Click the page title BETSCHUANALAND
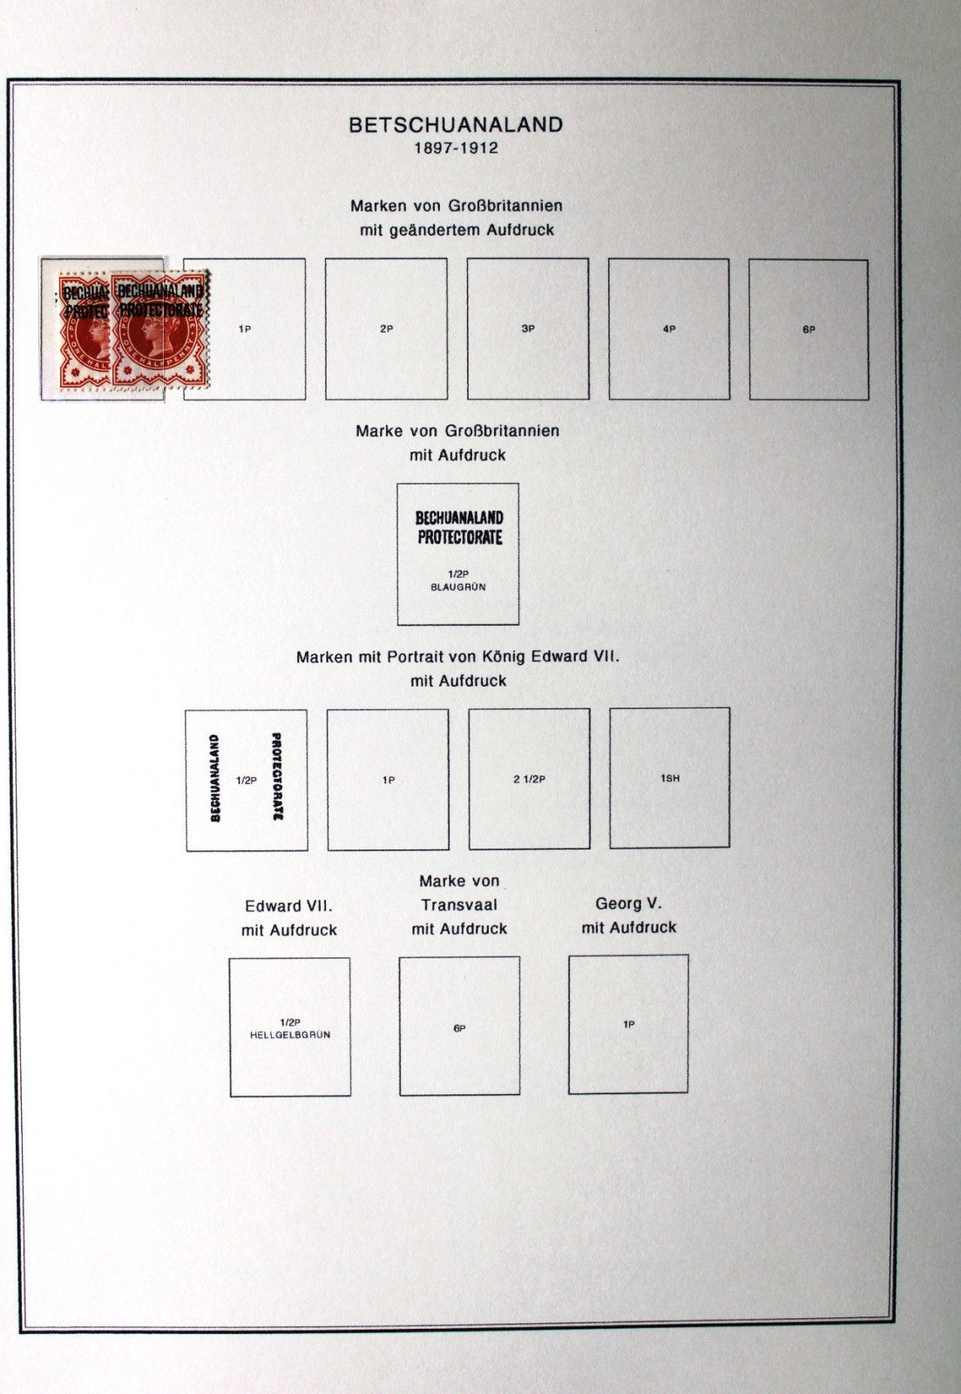tap(456, 125)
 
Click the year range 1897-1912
tap(457, 149)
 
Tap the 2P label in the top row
tap(387, 328)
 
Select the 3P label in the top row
tap(528, 328)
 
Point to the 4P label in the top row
tap(669, 329)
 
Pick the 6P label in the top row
tap(809, 330)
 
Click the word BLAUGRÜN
tap(458, 587)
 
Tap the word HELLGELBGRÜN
tap(290, 1034)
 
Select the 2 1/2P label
tap(530, 779)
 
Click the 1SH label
tap(670, 778)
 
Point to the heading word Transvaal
tap(459, 905)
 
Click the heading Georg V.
tap(629, 903)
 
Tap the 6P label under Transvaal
tap(459, 1029)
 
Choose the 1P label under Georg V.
tap(629, 1025)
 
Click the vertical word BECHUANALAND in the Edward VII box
tap(215, 779)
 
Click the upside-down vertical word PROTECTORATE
tap(278, 776)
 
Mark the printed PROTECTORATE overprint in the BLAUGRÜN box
tap(459, 537)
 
